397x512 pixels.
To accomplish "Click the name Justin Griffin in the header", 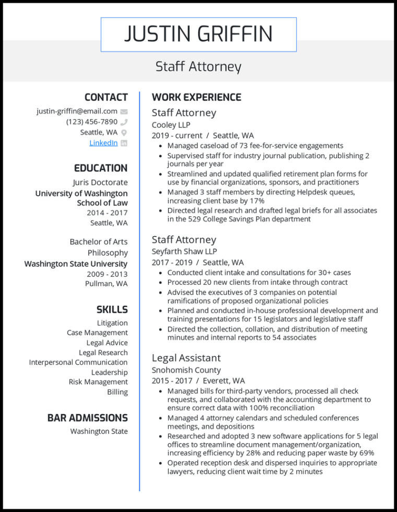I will click(198, 34).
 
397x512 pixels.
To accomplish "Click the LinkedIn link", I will click(103, 143).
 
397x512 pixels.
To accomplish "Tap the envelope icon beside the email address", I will click(124, 111).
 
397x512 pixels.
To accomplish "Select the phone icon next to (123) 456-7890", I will click(124, 122).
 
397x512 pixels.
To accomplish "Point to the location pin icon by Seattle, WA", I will click(124, 133).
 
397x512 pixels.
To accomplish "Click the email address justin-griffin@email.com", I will click(77, 111).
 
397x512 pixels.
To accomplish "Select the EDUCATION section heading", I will click(101, 168).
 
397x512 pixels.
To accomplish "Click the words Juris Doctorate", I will click(100, 182).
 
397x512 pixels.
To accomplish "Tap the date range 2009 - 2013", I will click(107, 274).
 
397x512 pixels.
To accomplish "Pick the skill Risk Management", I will click(98, 382).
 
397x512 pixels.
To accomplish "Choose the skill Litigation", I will click(112, 323).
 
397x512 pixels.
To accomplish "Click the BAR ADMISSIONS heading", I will click(87, 418).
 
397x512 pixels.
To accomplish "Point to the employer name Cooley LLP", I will click(171, 125).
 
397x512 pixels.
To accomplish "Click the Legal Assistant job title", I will click(186, 358).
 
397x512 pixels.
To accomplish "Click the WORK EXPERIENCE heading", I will click(196, 97).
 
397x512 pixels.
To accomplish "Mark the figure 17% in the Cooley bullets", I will click(257, 201).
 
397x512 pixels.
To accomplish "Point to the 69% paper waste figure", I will click(367, 453).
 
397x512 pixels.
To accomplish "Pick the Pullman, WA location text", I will click(106, 284).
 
